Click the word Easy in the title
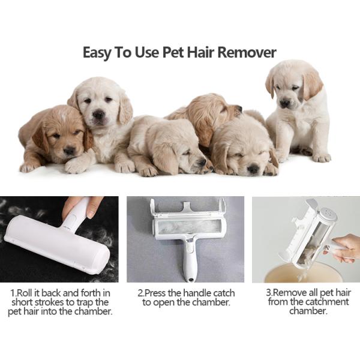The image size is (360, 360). [98, 52]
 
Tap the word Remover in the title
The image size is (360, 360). [247, 52]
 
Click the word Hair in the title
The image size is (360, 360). [197, 52]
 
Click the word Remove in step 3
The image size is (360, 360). [291, 293]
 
